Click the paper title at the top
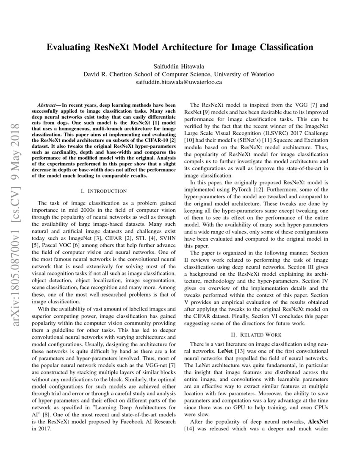[180, 47]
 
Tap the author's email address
[180, 82]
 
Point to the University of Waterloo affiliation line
[180, 74]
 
